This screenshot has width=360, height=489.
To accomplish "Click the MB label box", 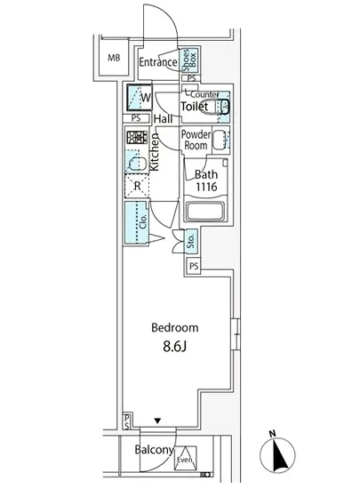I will [113, 60].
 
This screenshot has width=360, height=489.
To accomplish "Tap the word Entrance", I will [158, 62].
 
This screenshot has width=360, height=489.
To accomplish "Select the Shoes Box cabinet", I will [191, 60].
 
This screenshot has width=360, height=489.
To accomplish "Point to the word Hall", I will [163, 119].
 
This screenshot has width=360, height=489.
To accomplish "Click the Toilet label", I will [195, 107].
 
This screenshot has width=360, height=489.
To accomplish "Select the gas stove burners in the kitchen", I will [136, 139].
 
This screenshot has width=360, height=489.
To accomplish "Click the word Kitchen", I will [154, 152].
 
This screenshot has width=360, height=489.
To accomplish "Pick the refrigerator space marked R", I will [136, 185].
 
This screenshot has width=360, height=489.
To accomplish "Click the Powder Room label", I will [196, 140].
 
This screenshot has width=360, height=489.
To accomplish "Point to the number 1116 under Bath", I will [206, 188].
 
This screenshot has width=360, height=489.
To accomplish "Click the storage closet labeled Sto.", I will [190, 240].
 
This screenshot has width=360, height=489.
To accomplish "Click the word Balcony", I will [154, 450].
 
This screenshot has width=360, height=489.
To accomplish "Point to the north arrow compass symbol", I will [282, 453].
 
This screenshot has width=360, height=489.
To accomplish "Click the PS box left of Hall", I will [136, 117].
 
